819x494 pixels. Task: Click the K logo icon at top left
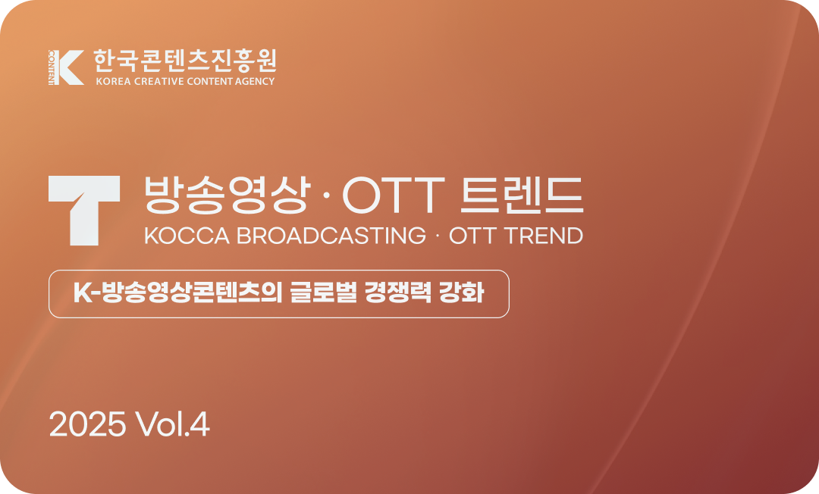click(x=65, y=67)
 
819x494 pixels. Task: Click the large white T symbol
click(x=83, y=210)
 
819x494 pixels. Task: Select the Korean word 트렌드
click(x=522, y=196)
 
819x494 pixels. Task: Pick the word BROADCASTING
click(x=331, y=236)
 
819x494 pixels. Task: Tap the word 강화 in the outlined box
click(x=462, y=293)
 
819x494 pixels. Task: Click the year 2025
click(x=87, y=425)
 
